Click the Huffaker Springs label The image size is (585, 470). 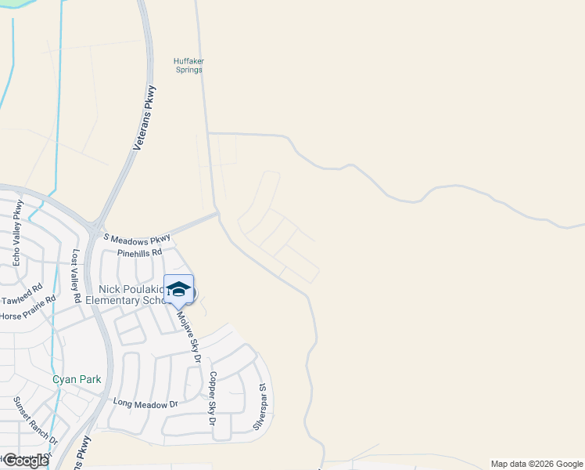coord(188,65)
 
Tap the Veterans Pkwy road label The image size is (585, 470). coord(145,117)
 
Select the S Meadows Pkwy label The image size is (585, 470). coord(137,237)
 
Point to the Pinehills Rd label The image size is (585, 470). coord(138,253)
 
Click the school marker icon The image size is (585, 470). coord(178,289)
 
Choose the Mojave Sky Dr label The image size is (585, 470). coord(189,338)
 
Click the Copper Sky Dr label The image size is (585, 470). coord(212,399)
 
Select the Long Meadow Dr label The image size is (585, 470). coord(145,404)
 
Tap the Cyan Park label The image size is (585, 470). coord(77,379)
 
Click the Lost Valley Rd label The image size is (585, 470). coord(77,276)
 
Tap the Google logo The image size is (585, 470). coord(25,461)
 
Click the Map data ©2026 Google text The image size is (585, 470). coord(536,464)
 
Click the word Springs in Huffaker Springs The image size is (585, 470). coord(188,70)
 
